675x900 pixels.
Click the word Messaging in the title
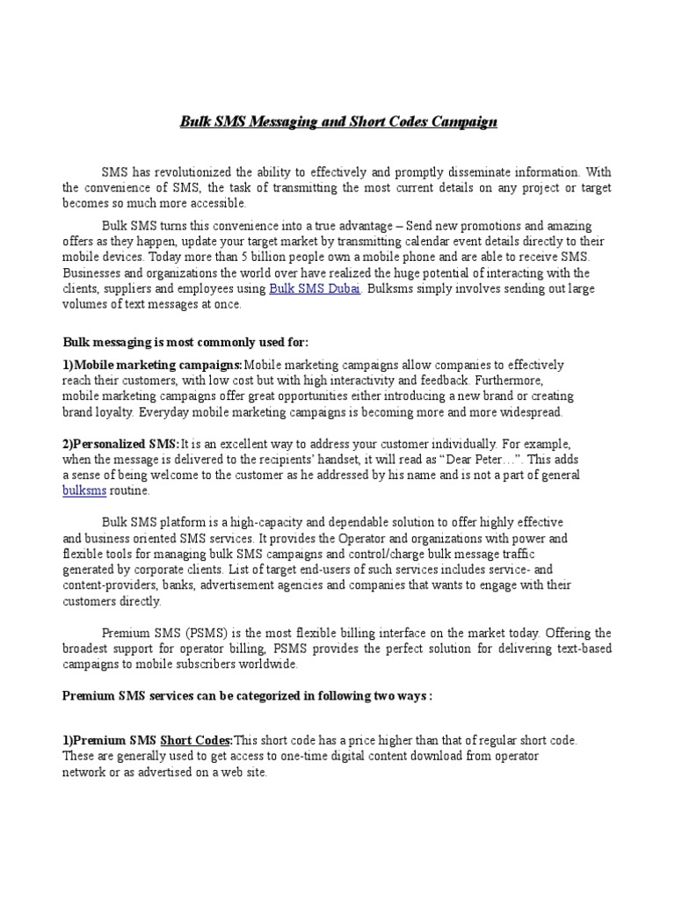[282, 121]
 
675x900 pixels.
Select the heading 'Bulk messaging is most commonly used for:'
[185, 342]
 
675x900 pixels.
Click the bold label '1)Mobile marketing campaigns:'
[152, 365]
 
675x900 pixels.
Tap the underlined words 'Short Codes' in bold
[196, 741]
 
